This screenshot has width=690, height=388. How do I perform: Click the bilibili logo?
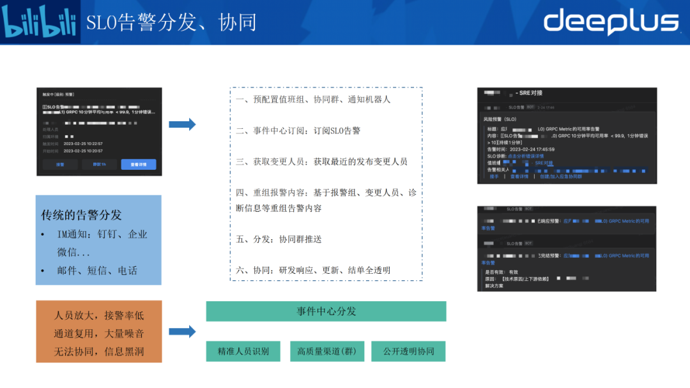(40, 22)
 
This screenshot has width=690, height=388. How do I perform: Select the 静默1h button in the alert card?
(100, 164)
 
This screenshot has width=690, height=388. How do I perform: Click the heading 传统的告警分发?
(81, 215)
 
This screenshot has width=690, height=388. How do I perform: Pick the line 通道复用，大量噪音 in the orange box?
(99, 332)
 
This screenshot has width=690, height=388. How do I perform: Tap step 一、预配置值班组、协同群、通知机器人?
(312, 100)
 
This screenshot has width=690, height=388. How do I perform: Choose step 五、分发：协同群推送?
(279, 239)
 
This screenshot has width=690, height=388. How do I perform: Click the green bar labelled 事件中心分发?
(326, 311)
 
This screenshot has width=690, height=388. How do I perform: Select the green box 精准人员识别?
(243, 351)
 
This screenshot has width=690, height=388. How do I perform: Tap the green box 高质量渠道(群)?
(326, 351)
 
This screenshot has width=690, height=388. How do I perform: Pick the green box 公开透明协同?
(408, 351)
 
